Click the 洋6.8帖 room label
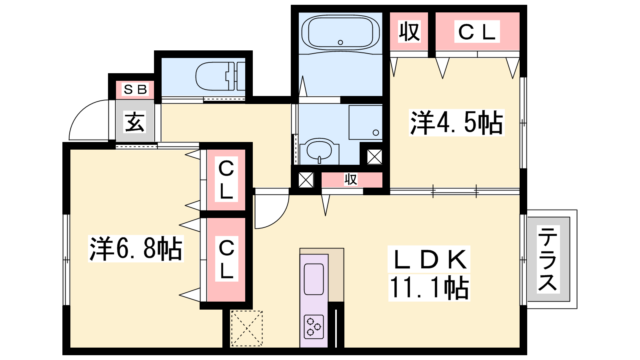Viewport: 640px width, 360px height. click(136, 248)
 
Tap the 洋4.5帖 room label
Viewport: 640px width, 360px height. click(456, 122)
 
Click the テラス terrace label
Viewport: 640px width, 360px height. click(548, 260)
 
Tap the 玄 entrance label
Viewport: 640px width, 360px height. click(134, 122)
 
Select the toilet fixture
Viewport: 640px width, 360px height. click(220, 76)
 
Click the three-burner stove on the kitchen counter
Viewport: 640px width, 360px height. click(314, 326)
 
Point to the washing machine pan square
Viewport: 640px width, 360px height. click(366, 122)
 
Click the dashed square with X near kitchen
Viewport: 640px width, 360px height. click(246, 328)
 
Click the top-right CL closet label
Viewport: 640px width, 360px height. click(477, 32)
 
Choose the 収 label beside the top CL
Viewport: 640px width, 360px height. click(409, 31)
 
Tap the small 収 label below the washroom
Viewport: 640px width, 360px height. click(350, 180)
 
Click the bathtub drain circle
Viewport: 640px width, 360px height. click(340, 42)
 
